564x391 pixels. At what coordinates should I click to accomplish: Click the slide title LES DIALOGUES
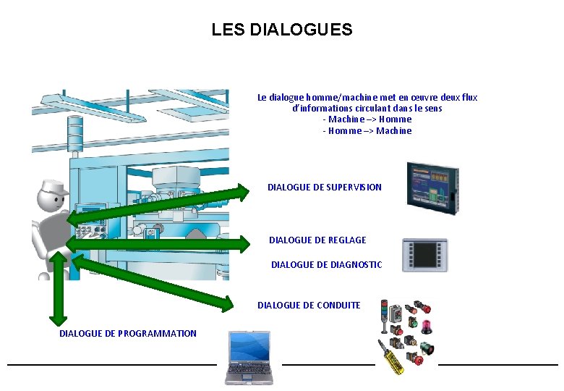coord(281,30)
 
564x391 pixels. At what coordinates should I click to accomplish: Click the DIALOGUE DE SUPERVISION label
coord(325,187)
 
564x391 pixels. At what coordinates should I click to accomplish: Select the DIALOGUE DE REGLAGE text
coord(317,240)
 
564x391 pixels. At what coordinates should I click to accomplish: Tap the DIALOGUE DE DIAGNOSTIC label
coord(326,265)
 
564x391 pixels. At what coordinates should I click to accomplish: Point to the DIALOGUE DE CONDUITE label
coord(309,305)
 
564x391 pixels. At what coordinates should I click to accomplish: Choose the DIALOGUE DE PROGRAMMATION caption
coord(128,333)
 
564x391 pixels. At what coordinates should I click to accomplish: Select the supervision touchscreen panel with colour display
coord(432,186)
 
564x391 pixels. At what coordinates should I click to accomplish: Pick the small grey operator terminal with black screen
coord(424,255)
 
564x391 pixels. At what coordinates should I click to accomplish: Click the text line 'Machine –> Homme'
coord(367,119)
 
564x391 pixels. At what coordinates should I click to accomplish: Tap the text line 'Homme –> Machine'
coord(367,130)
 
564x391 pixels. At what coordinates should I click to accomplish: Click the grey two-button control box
coord(396,313)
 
